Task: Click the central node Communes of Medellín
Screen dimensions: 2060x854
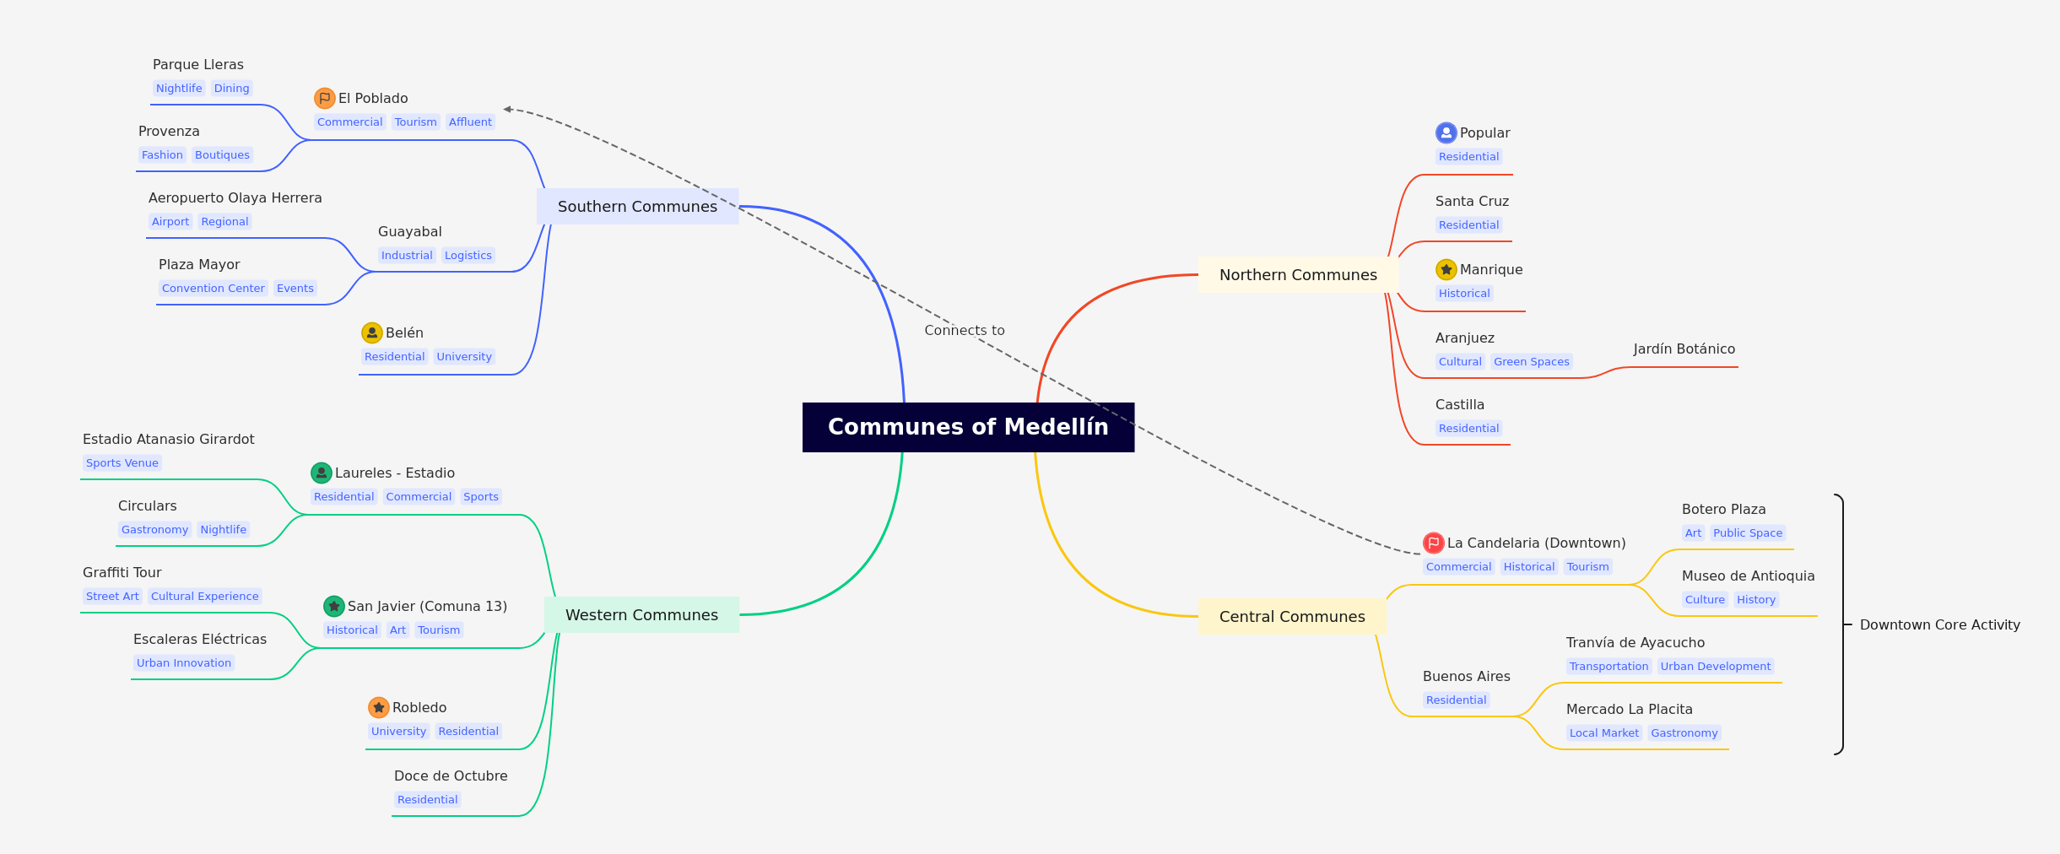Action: [968, 427]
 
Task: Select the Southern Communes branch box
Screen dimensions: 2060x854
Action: [638, 207]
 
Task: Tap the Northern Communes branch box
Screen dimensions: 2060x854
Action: [1298, 275]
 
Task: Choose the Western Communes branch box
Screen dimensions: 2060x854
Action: [641, 615]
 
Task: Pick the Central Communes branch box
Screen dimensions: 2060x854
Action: [1292, 617]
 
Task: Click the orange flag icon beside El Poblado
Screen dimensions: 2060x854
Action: [325, 99]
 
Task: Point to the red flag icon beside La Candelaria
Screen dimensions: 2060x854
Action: [1434, 543]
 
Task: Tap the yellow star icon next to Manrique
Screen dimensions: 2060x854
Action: [1446, 270]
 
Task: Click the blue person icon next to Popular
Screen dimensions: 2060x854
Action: [1446, 133]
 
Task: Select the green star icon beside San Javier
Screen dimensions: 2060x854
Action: [334, 607]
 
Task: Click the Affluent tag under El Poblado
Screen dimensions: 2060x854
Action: [470, 122]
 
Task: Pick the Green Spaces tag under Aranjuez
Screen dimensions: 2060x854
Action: [1532, 362]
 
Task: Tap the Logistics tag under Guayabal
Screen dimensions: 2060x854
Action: [468, 256]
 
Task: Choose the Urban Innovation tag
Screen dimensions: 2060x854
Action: [184, 663]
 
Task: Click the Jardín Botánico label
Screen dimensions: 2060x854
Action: [1684, 349]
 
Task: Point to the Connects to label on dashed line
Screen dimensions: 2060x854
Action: [965, 331]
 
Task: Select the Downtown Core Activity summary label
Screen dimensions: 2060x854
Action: [1940, 625]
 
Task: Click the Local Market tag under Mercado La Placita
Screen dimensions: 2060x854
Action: [1604, 733]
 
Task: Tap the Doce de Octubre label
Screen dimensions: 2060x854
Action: [451, 776]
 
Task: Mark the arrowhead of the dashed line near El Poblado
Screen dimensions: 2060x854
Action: [507, 109]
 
